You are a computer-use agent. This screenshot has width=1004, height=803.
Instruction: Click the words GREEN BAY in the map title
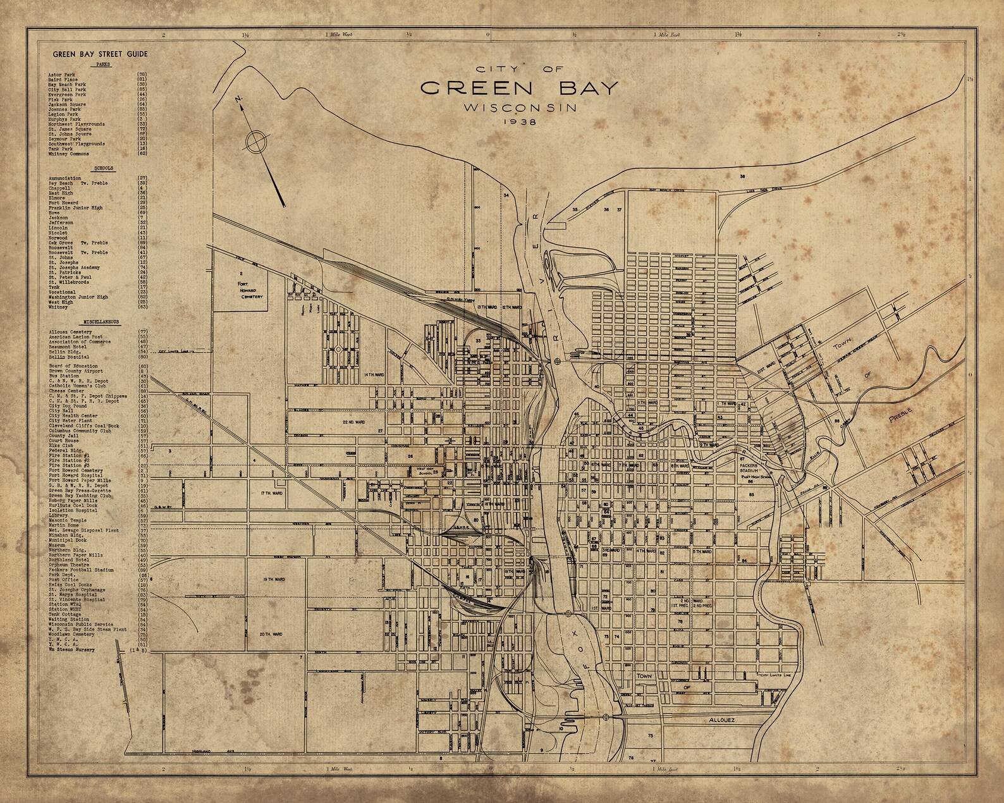coord(517,88)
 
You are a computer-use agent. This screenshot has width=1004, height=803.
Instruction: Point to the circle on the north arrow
coord(256,141)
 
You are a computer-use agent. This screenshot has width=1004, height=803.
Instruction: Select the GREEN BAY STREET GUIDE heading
coord(101,54)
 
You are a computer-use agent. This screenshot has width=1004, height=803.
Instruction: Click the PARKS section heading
coord(102,64)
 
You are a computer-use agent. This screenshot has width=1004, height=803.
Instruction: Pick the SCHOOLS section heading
coord(103,169)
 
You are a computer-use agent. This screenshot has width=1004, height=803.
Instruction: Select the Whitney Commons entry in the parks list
coord(69,154)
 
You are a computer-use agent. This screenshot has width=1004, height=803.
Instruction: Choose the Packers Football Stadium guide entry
coord(82,570)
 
